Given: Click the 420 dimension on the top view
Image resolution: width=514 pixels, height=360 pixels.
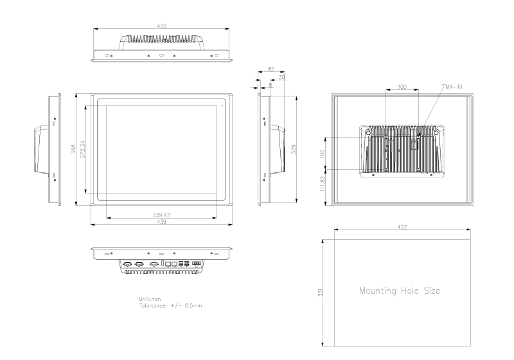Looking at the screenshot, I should pyautogui.click(x=161, y=26).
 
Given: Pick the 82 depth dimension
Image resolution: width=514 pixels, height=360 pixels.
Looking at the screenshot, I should pyautogui.click(x=270, y=68).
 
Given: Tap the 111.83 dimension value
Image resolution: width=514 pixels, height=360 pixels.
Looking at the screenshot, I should pyautogui.click(x=323, y=183).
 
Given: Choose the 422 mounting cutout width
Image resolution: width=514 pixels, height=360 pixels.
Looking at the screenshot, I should pyautogui.click(x=402, y=228).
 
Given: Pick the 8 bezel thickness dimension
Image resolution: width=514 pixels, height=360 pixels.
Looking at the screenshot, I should pyautogui.click(x=270, y=84).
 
